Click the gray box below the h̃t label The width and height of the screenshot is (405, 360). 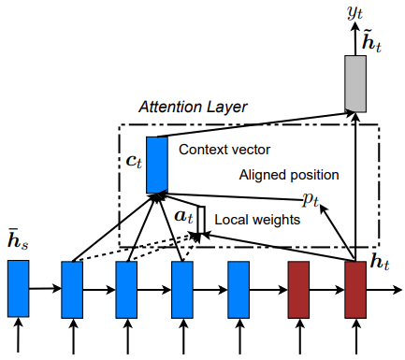tap(354, 83)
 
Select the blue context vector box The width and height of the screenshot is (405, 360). tap(157, 164)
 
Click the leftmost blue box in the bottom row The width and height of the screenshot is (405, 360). tap(19, 288)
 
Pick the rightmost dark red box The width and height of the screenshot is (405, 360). tap(354, 288)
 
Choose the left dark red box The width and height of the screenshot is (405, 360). tap(298, 288)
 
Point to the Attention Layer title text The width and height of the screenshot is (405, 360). tap(193, 108)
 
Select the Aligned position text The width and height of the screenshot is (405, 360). tap(289, 175)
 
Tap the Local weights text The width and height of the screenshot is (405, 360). tap(257, 220)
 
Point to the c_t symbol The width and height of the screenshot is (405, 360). tap(134, 160)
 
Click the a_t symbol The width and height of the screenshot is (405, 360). tap(183, 216)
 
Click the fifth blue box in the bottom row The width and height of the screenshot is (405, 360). tap(239, 288)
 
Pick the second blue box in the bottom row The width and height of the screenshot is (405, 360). tap(73, 288)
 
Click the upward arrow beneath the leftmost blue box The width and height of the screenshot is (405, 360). tap(19, 338)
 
